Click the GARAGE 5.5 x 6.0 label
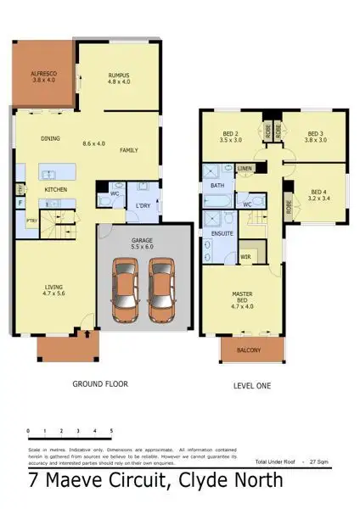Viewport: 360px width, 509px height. point(142,244)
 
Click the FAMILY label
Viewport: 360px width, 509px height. point(129,150)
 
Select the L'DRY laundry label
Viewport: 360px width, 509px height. point(143,207)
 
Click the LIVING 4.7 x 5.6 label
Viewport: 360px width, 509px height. point(53,291)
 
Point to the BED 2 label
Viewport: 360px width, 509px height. point(231,137)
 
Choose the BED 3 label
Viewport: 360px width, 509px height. point(315,137)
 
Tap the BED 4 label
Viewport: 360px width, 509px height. point(318,196)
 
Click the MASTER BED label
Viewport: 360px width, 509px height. point(243,299)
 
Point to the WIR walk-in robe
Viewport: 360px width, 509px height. point(245,255)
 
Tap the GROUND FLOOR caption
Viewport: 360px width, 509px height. point(100,384)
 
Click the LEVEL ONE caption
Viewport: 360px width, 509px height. point(252,386)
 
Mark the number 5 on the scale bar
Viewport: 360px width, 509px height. point(111,431)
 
